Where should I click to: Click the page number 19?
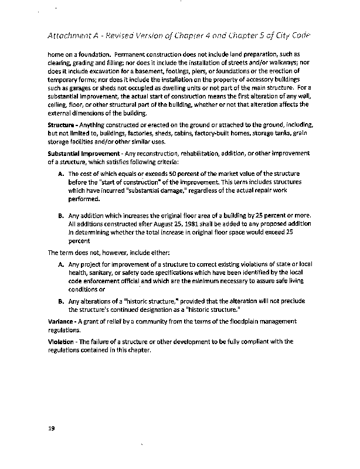[51, 429]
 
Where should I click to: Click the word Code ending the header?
[298, 35]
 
